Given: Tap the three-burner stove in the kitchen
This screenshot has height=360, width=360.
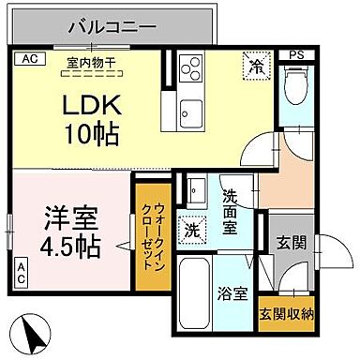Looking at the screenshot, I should (x=192, y=69).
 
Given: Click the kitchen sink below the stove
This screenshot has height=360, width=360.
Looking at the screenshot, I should (x=192, y=109).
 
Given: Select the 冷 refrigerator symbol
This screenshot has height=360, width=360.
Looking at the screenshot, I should (x=254, y=67).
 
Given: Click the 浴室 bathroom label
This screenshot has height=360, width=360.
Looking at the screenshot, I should (x=232, y=291).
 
